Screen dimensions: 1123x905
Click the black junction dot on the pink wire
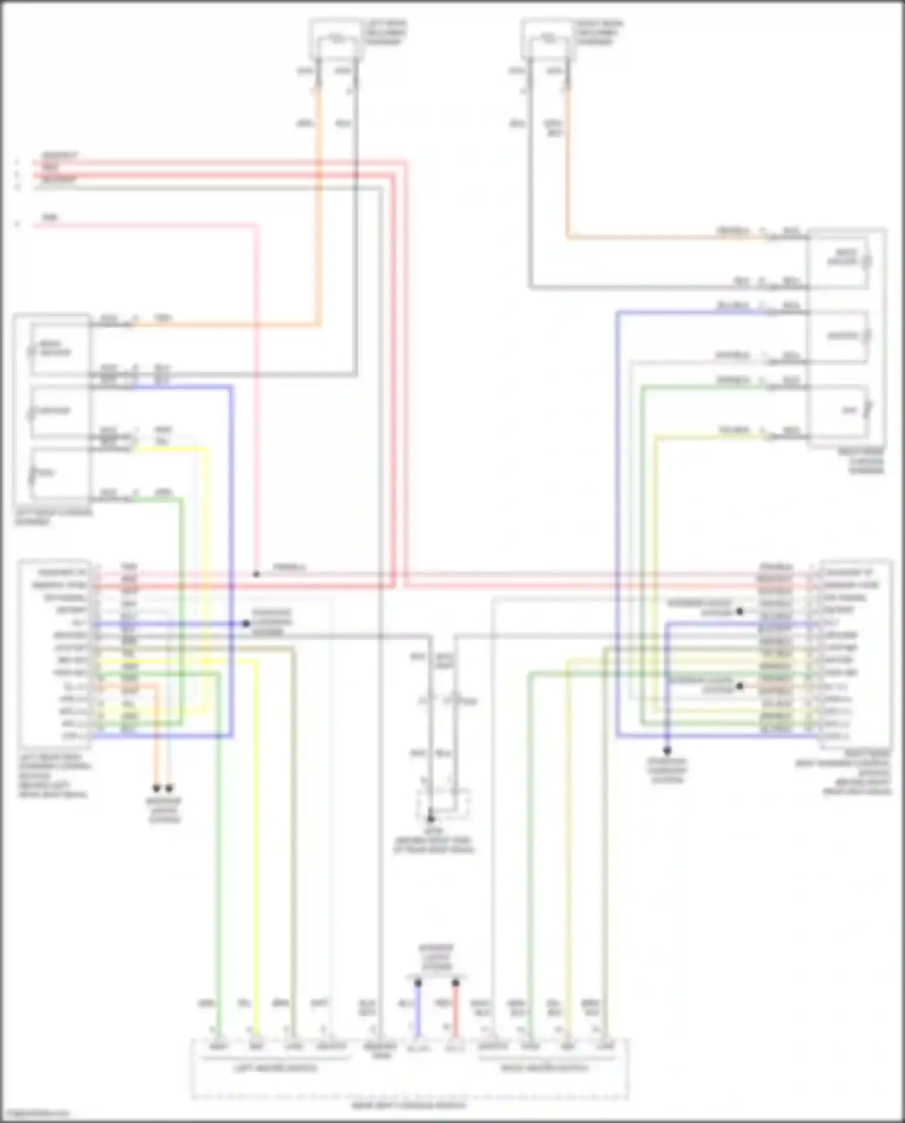coord(256,574)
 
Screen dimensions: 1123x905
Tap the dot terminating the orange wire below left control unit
coord(156,788)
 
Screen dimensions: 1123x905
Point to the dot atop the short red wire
coord(456,983)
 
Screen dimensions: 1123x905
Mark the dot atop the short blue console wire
coord(418,983)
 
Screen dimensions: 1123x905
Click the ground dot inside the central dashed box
coord(431,819)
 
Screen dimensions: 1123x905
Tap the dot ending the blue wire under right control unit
coord(667,751)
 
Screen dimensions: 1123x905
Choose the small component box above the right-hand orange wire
coord(548,40)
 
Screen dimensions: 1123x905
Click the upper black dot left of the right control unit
coord(740,611)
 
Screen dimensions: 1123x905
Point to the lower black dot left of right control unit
coord(740,686)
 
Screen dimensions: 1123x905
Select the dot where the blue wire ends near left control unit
coord(246,623)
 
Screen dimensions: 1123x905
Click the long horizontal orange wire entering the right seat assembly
coord(664,238)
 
